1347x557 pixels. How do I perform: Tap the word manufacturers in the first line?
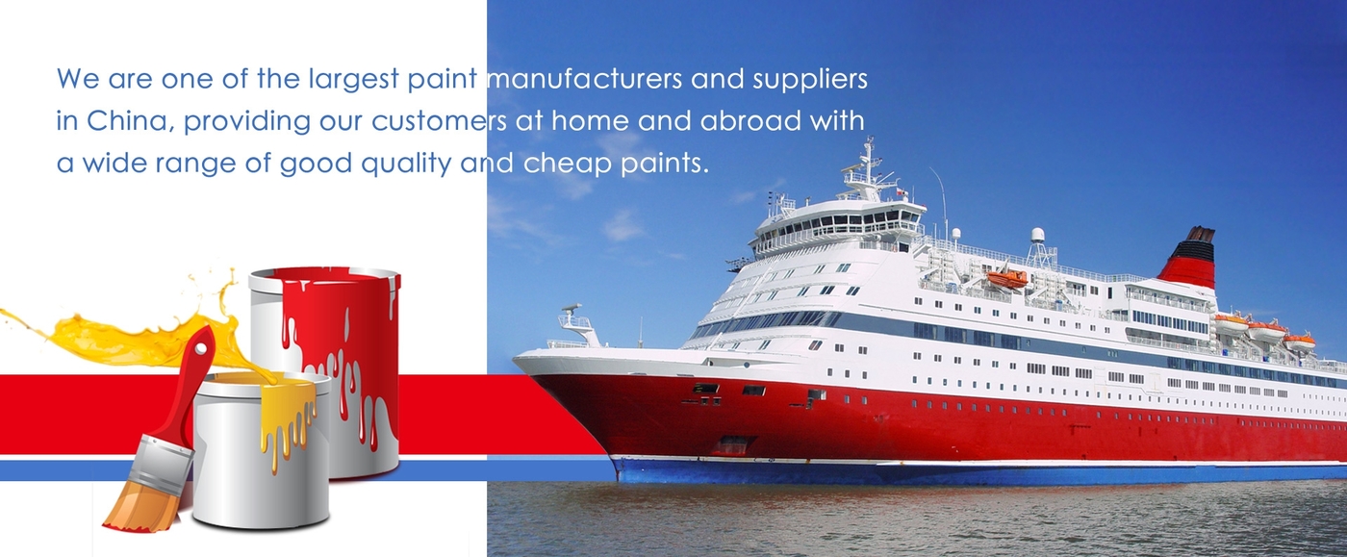(584, 78)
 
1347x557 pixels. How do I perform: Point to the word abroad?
(750, 120)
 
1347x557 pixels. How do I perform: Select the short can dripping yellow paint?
(262, 451)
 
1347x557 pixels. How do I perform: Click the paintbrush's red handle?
(187, 385)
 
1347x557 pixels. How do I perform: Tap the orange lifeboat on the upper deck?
(1008, 278)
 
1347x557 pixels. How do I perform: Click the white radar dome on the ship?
(1038, 235)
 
